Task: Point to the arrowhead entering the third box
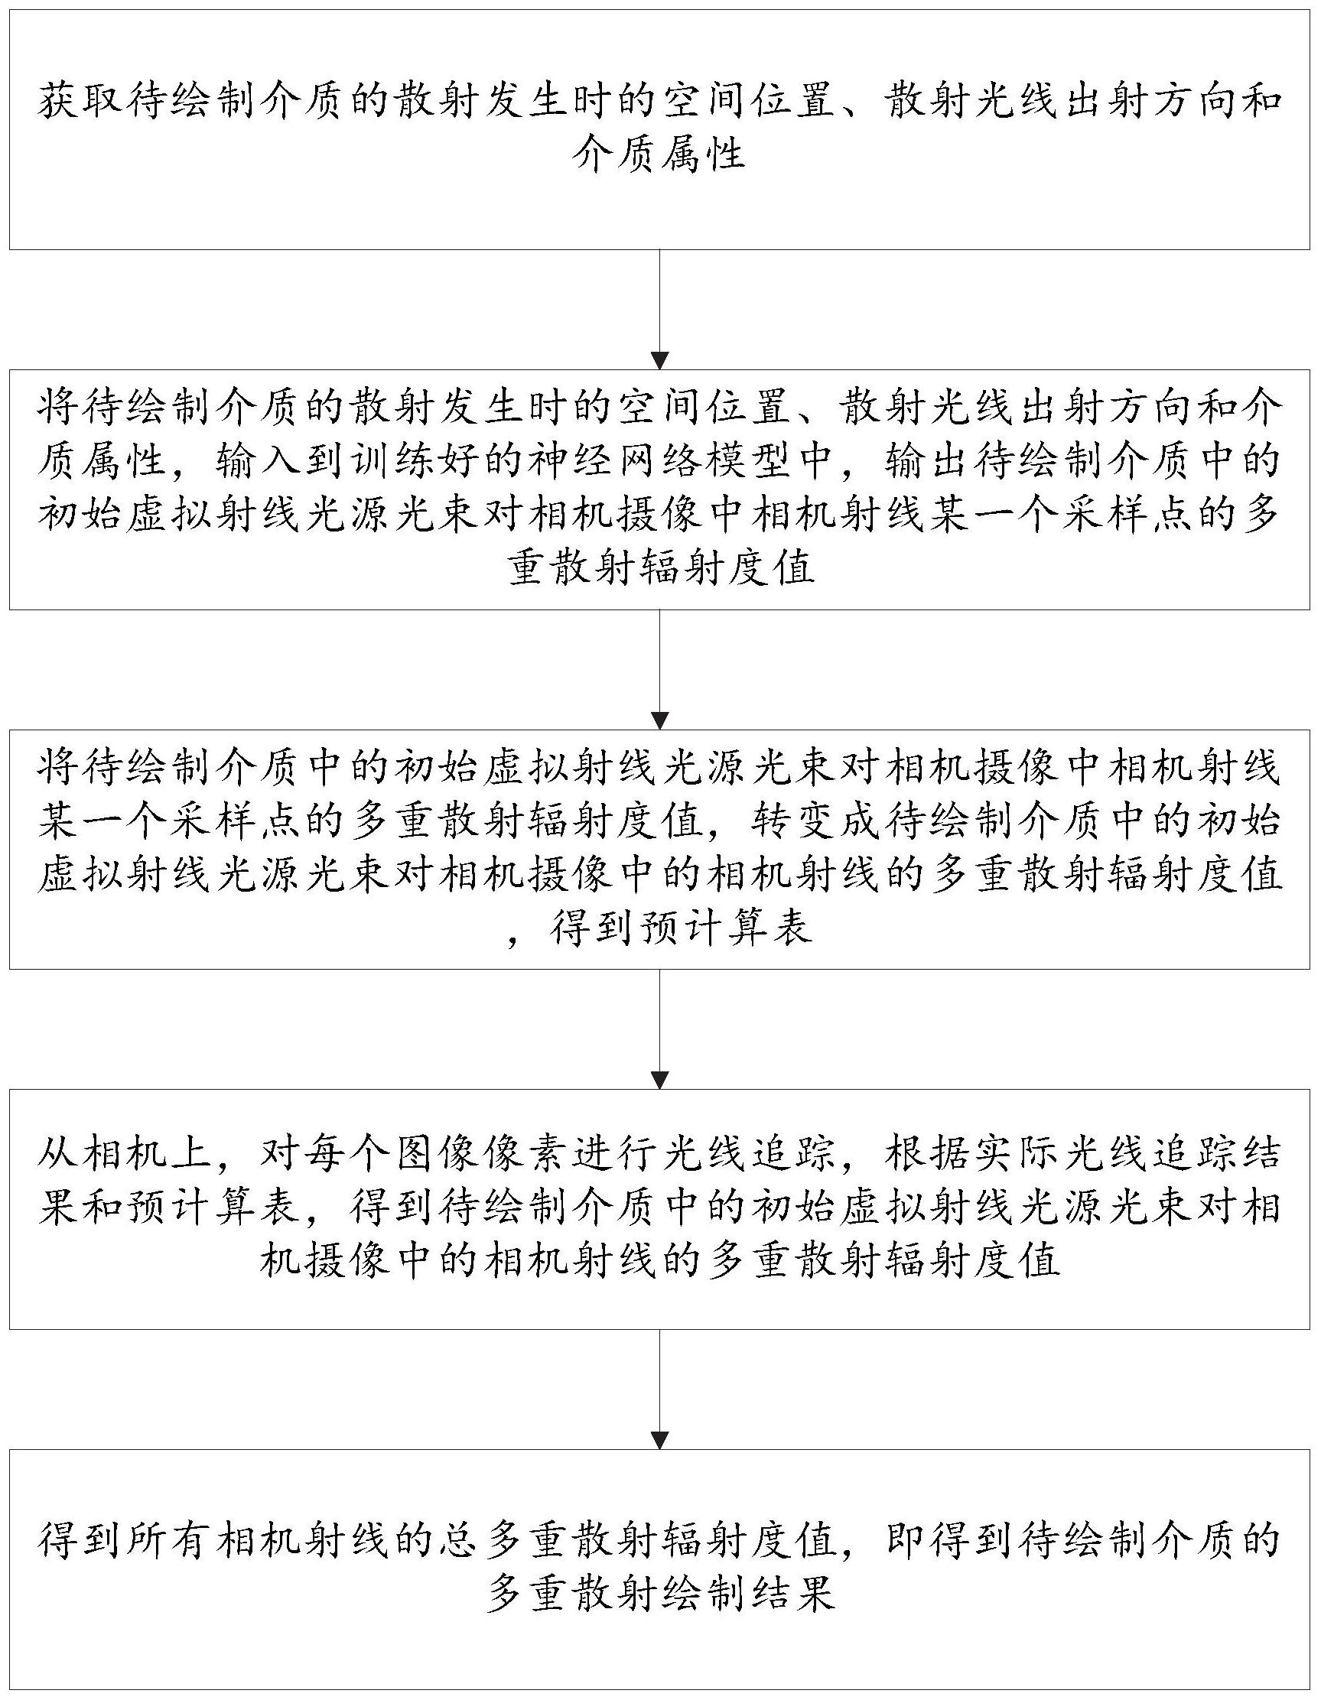pyautogui.click(x=660, y=720)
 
